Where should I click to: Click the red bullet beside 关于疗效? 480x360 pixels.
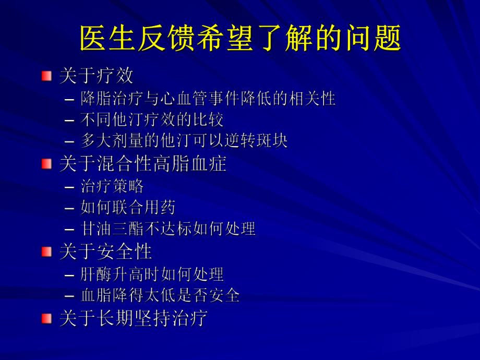[47, 76]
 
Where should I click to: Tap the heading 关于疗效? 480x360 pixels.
[97, 76]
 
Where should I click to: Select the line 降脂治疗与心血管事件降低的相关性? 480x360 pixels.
[208, 99]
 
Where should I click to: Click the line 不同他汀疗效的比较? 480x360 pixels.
[152, 120]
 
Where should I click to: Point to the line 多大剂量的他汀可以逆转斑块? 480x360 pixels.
[184, 141]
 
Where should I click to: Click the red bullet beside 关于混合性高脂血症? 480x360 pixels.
[47, 164]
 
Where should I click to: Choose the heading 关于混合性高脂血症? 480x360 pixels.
[143, 164]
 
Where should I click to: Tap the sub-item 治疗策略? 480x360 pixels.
[112, 186]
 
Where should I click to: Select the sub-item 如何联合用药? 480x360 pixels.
[128, 208]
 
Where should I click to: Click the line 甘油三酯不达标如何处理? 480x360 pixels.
[168, 229]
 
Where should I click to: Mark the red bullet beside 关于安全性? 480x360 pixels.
[47, 252]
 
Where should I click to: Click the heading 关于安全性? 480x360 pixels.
[105, 252]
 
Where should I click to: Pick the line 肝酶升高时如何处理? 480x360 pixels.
[152, 274]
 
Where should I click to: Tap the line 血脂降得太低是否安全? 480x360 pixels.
[160, 295]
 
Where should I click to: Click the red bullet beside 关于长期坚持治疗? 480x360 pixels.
[47, 318]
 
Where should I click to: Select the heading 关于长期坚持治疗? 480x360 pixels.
[134, 318]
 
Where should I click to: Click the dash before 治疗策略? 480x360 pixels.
[70, 187]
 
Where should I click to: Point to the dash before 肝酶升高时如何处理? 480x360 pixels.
[70, 274]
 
